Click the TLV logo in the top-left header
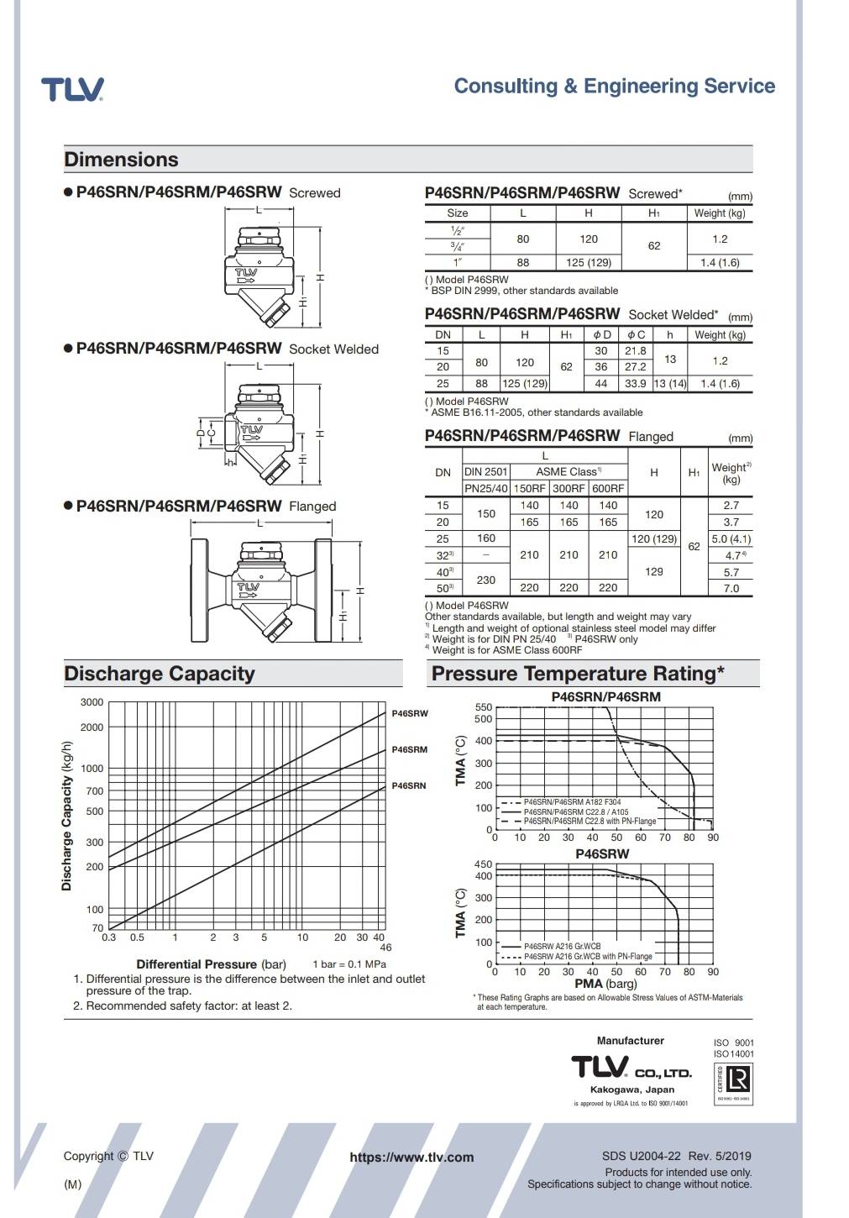click(x=73, y=89)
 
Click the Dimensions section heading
click(x=122, y=160)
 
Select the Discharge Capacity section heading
click(x=159, y=674)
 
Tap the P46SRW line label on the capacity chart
click(x=410, y=713)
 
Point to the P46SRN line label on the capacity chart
click(x=409, y=785)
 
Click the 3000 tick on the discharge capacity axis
click(x=92, y=702)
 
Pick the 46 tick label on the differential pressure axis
click(x=385, y=948)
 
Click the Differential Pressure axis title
click(x=196, y=964)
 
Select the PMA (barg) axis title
click(x=605, y=984)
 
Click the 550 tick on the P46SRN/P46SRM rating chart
click(x=484, y=707)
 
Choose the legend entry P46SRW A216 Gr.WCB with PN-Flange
click(x=588, y=956)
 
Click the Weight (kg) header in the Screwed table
click(x=720, y=213)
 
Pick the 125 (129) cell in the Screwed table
click(x=589, y=262)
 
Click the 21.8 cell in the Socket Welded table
click(x=636, y=350)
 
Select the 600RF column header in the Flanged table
click(x=608, y=488)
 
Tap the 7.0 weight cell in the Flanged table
click(x=731, y=588)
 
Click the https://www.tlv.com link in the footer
click(x=411, y=1157)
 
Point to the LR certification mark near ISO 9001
click(x=733, y=1079)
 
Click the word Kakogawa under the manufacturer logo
click(x=616, y=1089)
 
